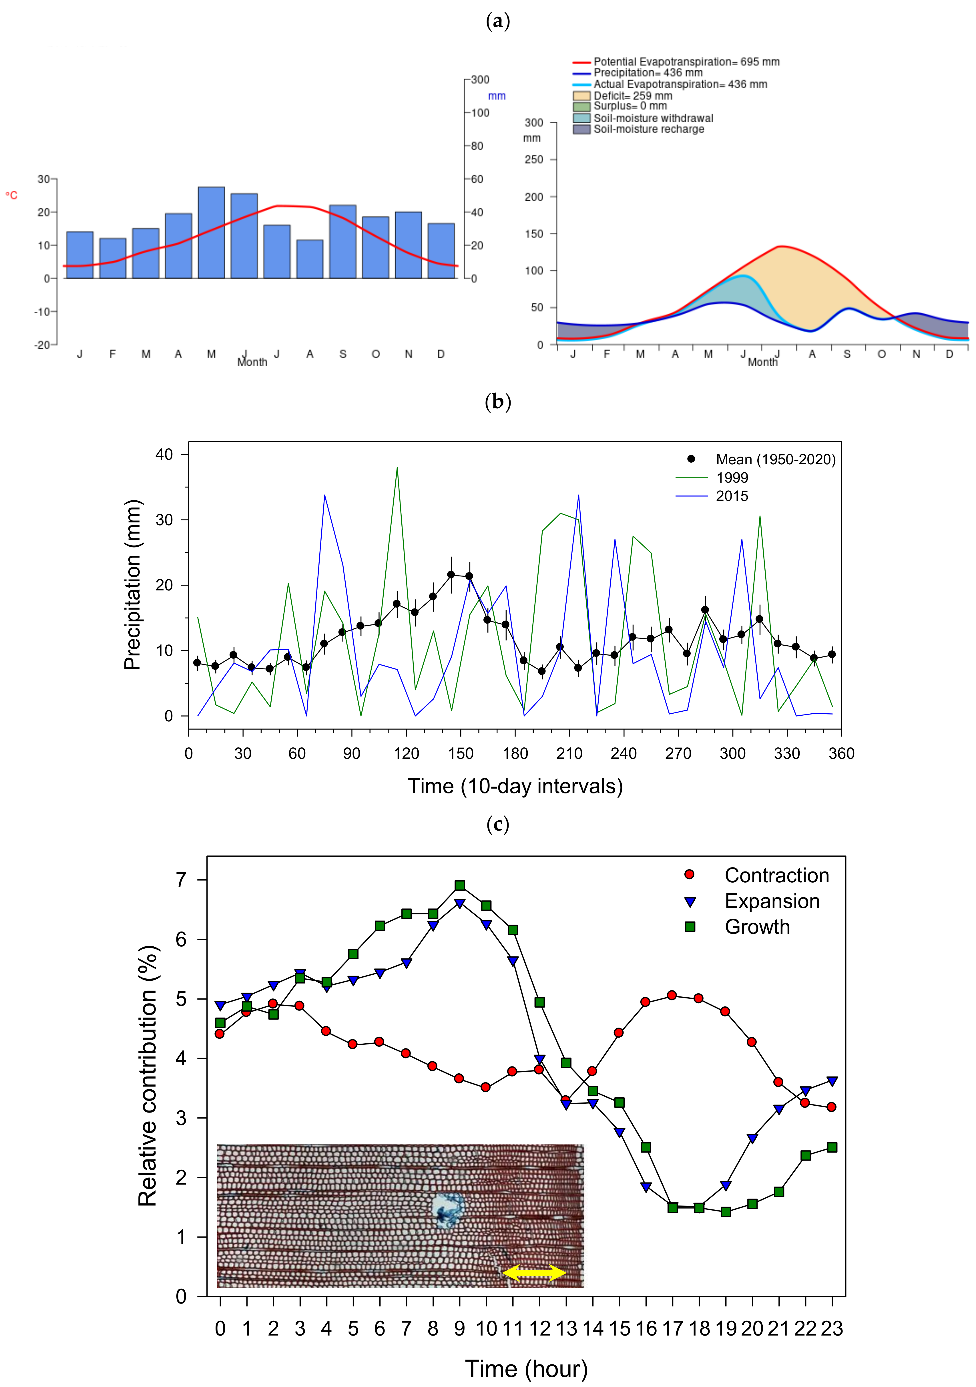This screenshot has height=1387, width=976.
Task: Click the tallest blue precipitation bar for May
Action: (211, 232)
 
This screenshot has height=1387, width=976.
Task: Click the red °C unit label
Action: (11, 195)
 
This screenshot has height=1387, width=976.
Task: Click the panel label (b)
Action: (498, 402)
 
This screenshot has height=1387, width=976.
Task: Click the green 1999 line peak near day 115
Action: (397, 468)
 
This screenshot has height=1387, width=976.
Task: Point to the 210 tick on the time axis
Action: (569, 753)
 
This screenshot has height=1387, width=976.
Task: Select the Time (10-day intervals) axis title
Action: (515, 786)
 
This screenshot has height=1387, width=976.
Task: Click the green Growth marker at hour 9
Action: (460, 885)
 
